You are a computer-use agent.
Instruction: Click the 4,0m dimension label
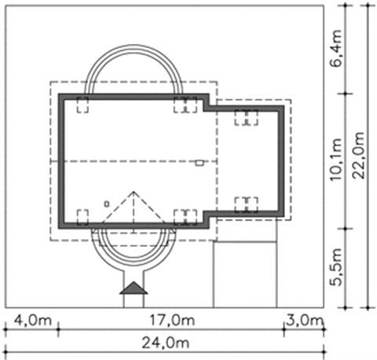tap(33, 320)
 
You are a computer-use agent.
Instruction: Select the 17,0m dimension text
tap(172, 320)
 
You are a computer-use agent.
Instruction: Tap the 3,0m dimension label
tap(304, 320)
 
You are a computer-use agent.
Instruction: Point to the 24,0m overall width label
tap(165, 343)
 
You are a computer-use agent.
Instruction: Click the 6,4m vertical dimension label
tap(335, 49)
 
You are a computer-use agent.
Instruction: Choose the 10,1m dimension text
tap(335, 159)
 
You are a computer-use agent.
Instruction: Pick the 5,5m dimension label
tap(335, 267)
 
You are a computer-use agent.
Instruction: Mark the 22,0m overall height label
tap(358, 156)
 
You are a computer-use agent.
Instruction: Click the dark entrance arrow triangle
tap(134, 288)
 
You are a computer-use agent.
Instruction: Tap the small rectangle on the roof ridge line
tap(199, 163)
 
